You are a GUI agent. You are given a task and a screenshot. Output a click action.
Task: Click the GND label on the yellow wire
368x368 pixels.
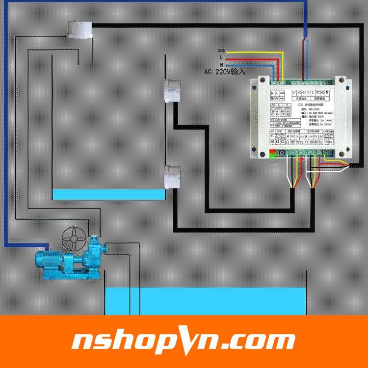221,51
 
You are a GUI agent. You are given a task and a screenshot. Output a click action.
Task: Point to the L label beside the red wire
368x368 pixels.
221,57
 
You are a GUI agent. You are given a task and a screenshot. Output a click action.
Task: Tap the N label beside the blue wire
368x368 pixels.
221,64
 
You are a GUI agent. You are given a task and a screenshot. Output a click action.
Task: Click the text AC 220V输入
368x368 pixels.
224,72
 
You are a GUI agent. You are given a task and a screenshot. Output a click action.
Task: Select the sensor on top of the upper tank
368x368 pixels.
79,30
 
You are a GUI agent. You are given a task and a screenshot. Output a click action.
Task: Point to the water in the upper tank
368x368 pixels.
108,194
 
